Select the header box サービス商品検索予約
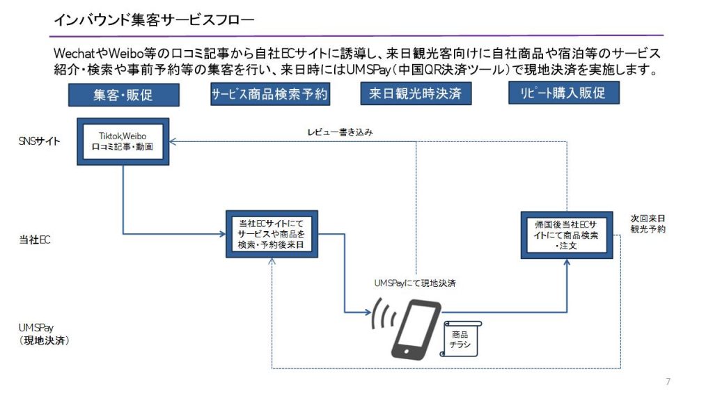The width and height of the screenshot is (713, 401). (x=269, y=94)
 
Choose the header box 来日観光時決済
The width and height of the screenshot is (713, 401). (x=415, y=93)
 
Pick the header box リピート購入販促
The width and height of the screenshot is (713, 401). (x=564, y=93)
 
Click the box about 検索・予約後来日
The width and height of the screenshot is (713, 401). (x=272, y=234)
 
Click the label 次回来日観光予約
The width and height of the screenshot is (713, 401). (x=648, y=223)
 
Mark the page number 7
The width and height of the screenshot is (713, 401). (x=668, y=382)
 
